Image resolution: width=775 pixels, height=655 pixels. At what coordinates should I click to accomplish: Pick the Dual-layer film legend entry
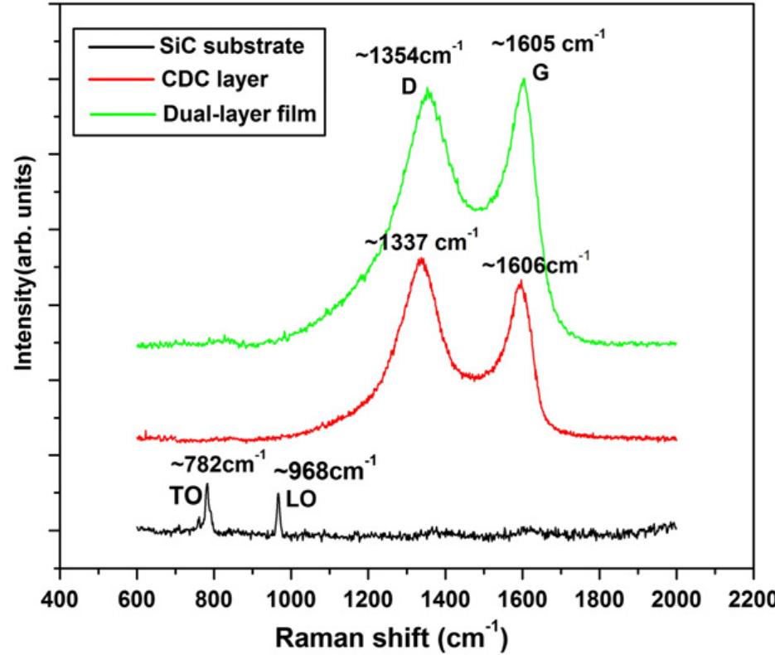click(237, 114)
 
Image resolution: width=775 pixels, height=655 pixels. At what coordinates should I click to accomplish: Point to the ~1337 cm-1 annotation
click(421, 242)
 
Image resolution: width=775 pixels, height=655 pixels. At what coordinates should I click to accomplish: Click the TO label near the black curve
click(185, 496)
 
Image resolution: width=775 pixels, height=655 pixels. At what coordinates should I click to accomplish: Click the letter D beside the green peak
click(409, 85)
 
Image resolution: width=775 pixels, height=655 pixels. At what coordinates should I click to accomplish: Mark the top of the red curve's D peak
click(422, 259)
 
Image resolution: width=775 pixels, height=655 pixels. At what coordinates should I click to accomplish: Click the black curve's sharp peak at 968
click(279, 495)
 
